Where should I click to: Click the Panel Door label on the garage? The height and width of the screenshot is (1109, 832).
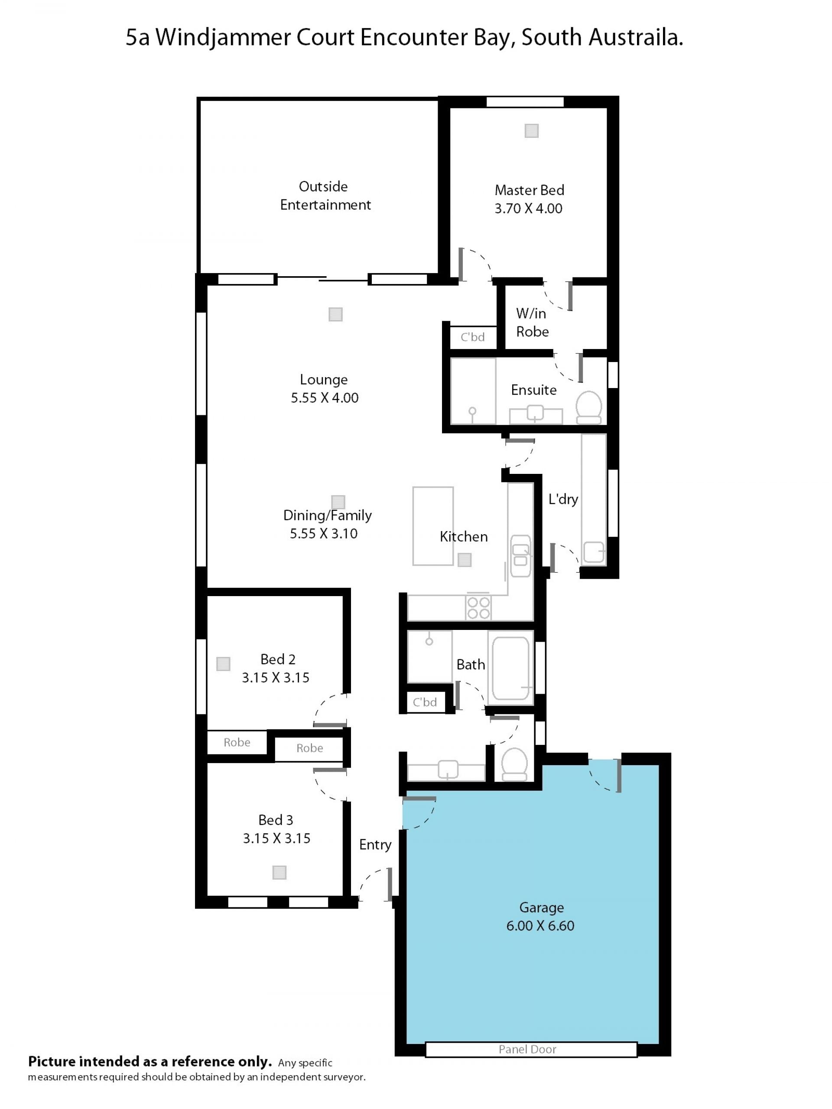point(527,1049)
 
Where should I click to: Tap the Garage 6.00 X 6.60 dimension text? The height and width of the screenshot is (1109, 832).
point(540,926)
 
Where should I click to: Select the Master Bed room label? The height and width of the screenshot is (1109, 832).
point(529,190)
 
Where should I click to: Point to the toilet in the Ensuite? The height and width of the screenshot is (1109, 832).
point(588,407)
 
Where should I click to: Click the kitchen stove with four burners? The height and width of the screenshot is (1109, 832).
point(478,608)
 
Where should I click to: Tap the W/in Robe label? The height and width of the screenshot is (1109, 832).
point(532,323)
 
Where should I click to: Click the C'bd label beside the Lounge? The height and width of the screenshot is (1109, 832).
point(473,337)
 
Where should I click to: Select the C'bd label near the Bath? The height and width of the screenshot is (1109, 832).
point(425,702)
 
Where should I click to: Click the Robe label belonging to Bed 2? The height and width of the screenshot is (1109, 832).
point(237,743)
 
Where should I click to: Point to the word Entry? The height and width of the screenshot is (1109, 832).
point(375,845)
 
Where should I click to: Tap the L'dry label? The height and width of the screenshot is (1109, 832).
point(563,499)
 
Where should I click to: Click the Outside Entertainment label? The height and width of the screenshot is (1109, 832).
point(325,196)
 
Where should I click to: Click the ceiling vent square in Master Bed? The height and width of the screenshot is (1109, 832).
point(531,131)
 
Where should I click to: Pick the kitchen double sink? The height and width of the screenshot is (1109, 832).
point(520,556)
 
